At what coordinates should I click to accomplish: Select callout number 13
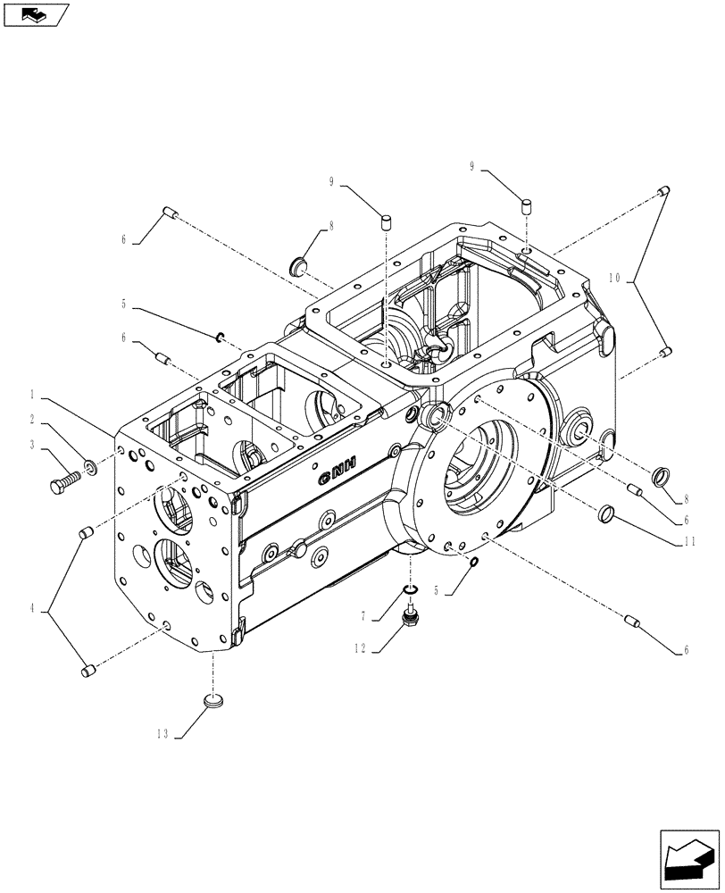pos(162,734)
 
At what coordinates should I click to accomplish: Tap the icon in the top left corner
pos(36,13)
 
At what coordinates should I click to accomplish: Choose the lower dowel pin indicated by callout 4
pos(87,671)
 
